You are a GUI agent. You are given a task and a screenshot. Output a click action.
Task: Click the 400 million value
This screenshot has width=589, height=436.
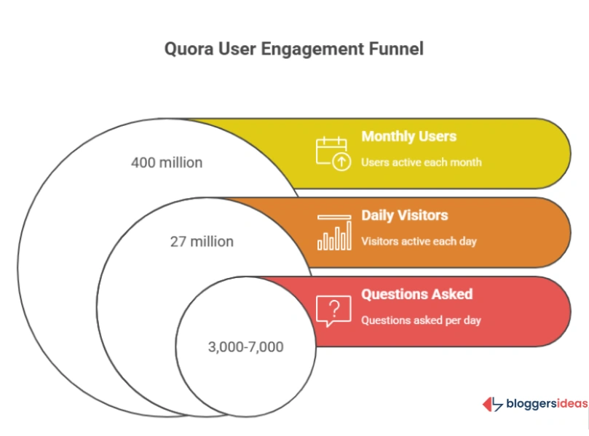[x=167, y=162]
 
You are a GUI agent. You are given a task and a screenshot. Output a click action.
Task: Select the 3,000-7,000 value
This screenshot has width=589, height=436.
[x=245, y=346]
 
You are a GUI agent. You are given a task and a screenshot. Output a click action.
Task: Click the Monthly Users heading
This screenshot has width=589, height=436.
[x=408, y=137]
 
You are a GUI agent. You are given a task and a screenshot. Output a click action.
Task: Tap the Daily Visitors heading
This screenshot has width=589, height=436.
[x=404, y=215]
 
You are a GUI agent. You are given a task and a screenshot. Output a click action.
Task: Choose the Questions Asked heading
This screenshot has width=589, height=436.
[x=416, y=294]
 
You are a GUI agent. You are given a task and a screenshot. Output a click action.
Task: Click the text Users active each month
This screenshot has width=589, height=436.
[x=421, y=162]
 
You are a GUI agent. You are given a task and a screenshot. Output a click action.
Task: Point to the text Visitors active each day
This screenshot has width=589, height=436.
[x=419, y=241]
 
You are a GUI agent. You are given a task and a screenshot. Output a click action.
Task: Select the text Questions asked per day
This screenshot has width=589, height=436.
[x=421, y=320]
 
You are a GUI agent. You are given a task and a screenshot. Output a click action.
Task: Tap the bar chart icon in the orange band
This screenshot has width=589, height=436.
[x=334, y=232]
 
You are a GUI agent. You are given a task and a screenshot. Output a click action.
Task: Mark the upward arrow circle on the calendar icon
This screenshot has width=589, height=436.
[x=341, y=162]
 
